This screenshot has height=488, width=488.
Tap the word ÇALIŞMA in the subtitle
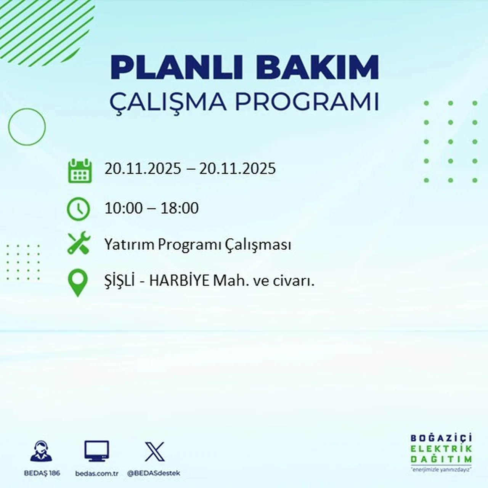tap(168, 102)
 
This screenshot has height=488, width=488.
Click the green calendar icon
tap(80, 170)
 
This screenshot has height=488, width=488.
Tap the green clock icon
tap(79, 209)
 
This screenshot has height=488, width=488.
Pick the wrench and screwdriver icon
tap(79, 243)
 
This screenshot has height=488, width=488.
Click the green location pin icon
tap(78, 283)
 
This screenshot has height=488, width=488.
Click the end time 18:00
tap(179, 208)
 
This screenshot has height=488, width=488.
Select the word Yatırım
tap(130, 245)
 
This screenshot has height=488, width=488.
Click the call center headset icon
tap(41, 451)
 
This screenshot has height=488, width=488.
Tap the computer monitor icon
tap(96, 451)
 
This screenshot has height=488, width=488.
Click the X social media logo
tap(154, 452)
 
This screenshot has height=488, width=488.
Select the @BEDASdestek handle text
tap(153, 473)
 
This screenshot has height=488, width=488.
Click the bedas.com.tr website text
tap(97, 474)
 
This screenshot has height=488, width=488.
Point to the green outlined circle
tap(27, 127)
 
